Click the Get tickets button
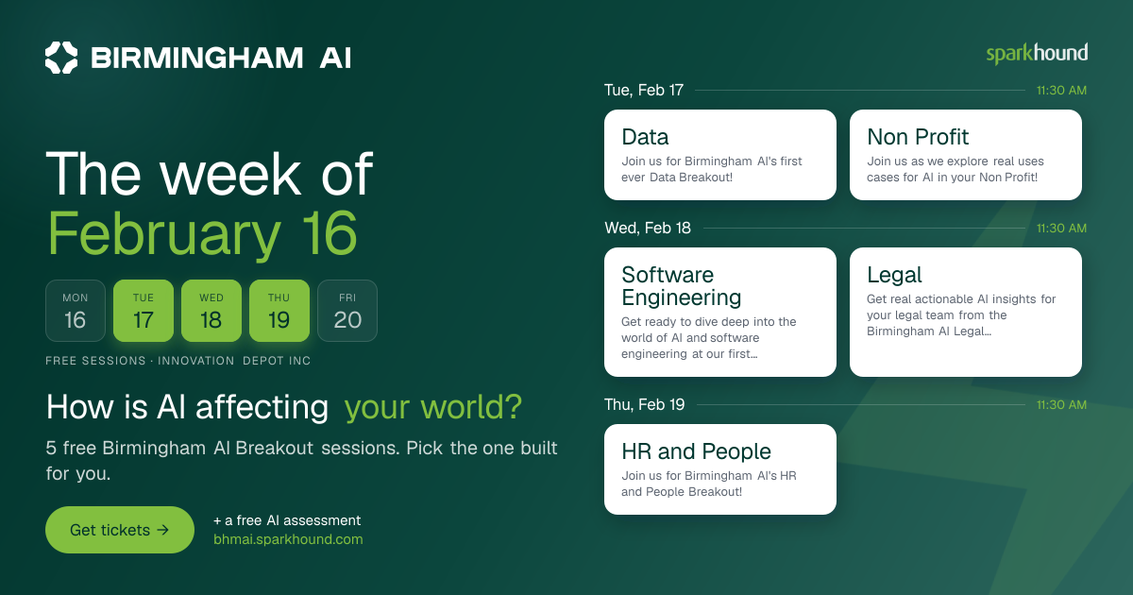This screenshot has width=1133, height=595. (120, 530)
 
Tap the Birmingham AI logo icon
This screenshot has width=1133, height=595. (61, 58)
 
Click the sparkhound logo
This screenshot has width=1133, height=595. (1037, 54)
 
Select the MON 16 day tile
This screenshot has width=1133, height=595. (76, 311)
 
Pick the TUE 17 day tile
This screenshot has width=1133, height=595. (144, 311)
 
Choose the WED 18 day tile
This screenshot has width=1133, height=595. (211, 311)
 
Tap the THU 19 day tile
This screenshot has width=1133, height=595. (279, 311)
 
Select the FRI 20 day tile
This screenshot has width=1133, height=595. (347, 311)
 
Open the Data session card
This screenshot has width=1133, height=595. (720, 155)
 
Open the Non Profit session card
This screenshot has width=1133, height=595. (966, 155)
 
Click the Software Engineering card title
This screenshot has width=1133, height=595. (682, 286)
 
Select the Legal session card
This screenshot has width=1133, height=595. (966, 312)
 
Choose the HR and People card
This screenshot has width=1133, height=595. (720, 469)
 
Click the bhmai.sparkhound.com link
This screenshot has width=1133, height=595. (288, 539)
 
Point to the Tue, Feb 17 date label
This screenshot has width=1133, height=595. (644, 90)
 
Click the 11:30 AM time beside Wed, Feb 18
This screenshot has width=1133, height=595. (1061, 229)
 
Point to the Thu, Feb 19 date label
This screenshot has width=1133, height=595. (644, 405)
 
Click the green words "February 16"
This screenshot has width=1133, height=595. (202, 234)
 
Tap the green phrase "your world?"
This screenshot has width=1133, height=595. (433, 407)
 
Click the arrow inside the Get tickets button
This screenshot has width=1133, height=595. (162, 530)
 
